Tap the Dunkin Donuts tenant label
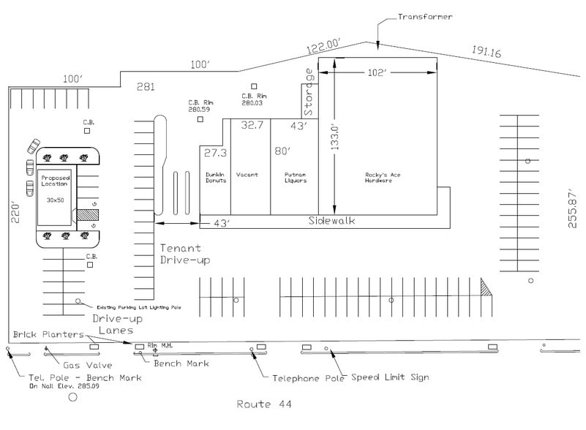click(x=215, y=178)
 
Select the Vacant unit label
click(x=247, y=176)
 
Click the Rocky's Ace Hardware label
click(x=379, y=178)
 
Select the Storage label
click(x=309, y=93)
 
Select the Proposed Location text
click(x=56, y=182)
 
